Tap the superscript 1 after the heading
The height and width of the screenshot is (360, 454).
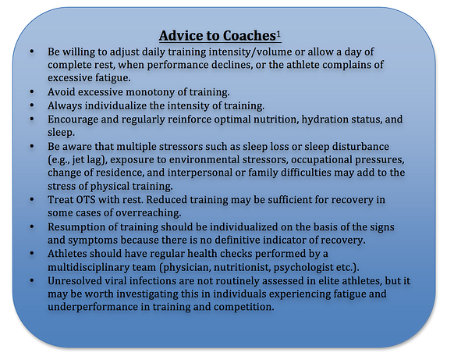278,34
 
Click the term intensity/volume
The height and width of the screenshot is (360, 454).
250,52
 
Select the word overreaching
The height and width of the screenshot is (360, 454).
148,213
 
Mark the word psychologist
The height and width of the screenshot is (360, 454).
303,267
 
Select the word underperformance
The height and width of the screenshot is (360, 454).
93,307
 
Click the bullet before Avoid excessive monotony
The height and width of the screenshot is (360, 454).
32,92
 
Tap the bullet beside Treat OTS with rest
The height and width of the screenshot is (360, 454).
32,200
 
